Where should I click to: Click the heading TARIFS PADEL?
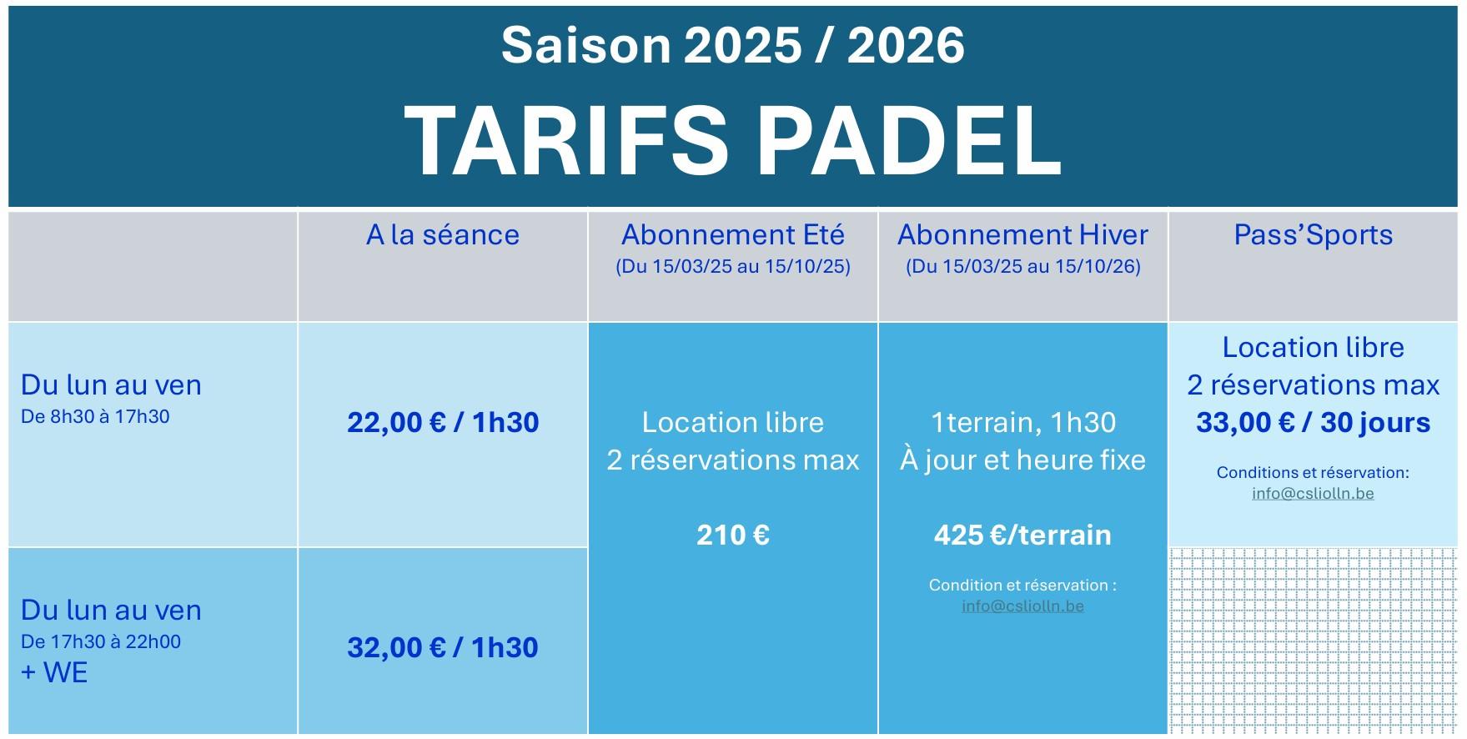click(x=732, y=141)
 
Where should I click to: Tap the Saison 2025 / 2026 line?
click(x=733, y=45)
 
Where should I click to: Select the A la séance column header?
click(x=443, y=234)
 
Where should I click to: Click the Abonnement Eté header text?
click(x=733, y=234)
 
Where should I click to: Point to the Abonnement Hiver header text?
click(x=1022, y=234)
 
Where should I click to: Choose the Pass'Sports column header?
click(x=1314, y=234)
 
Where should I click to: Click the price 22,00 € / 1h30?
click(x=443, y=422)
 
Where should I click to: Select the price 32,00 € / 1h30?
click(x=443, y=647)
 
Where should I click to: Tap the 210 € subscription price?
click(x=733, y=535)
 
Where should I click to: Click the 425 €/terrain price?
click(x=1022, y=535)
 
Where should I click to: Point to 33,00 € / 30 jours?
click(x=1314, y=423)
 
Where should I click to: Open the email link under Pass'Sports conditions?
click(x=1313, y=493)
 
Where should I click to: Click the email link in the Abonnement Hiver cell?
click(x=1022, y=606)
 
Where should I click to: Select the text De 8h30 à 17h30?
click(x=95, y=416)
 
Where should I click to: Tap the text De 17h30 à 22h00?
click(x=101, y=641)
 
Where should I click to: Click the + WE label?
click(x=54, y=672)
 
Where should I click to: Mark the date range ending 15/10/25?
click(x=733, y=267)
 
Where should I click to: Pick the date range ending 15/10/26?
click(x=1022, y=267)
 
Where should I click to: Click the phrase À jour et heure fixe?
click(x=1022, y=460)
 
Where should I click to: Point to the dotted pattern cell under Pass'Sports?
click(x=1314, y=641)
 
